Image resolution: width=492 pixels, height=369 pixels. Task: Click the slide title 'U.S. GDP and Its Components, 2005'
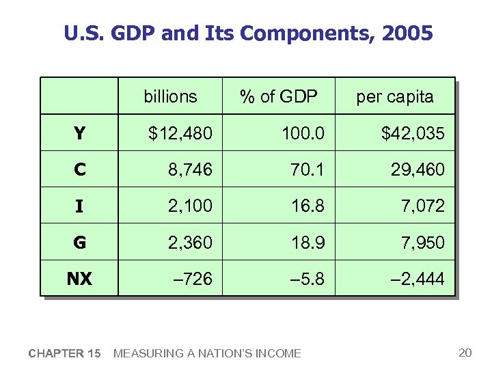point(248,33)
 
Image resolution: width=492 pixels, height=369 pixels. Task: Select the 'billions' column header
point(170,96)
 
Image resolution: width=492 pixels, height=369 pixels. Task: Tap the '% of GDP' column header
point(279,96)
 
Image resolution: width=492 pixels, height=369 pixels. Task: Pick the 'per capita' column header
point(394,96)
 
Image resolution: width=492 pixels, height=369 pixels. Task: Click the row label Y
point(79,133)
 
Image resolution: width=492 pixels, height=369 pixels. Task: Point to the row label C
point(79,169)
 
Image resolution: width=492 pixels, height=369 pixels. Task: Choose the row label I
point(79,206)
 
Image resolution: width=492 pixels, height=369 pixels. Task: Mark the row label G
point(79,242)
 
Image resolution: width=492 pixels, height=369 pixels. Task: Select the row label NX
point(79,278)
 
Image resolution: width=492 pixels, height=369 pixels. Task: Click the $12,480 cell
point(180,133)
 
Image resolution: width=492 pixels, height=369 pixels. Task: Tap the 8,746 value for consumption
point(190,169)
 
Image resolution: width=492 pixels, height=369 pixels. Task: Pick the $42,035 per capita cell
point(413,133)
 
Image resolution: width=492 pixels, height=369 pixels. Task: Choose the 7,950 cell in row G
point(424,242)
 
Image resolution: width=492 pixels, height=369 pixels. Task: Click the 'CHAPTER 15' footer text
point(65,353)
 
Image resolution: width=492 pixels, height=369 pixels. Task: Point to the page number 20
point(465,353)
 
